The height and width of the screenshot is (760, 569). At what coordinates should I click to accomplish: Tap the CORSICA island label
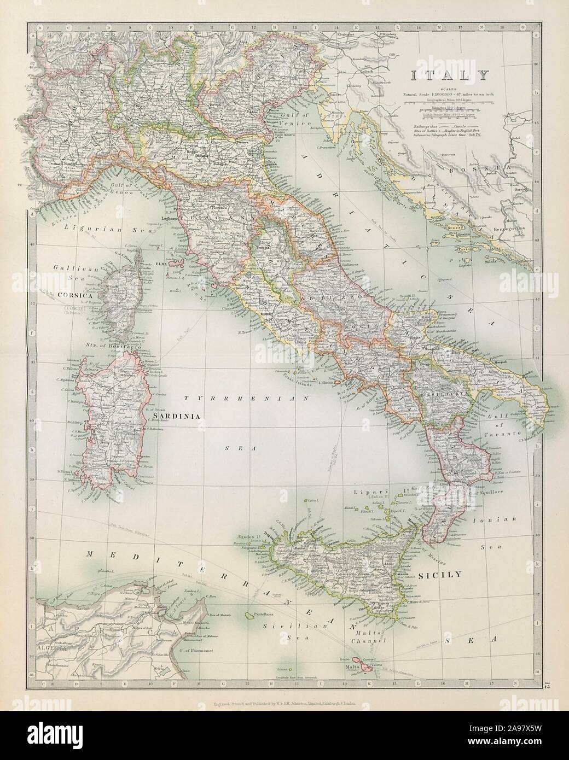(x=72, y=293)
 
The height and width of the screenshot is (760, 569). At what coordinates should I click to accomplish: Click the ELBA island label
(x=162, y=262)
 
